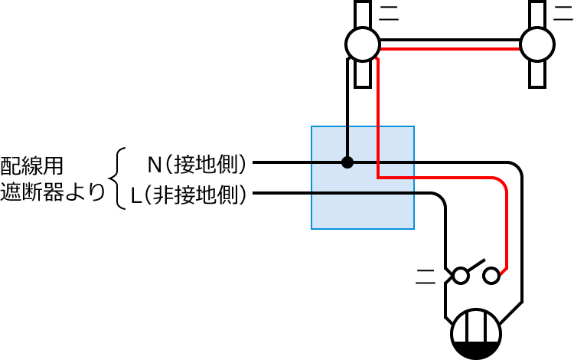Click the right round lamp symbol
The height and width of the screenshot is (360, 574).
click(536, 44)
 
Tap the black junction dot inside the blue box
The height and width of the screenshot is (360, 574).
click(347, 162)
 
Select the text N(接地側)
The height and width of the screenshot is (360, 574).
click(199, 163)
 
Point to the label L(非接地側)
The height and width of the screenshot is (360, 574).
click(188, 194)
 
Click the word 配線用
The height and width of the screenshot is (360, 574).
click(32, 165)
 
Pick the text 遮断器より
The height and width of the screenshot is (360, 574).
click(52, 193)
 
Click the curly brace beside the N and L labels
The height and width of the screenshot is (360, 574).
click(118, 178)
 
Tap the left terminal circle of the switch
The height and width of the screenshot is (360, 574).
click(461, 274)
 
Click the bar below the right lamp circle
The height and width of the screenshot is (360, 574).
click(536, 75)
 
